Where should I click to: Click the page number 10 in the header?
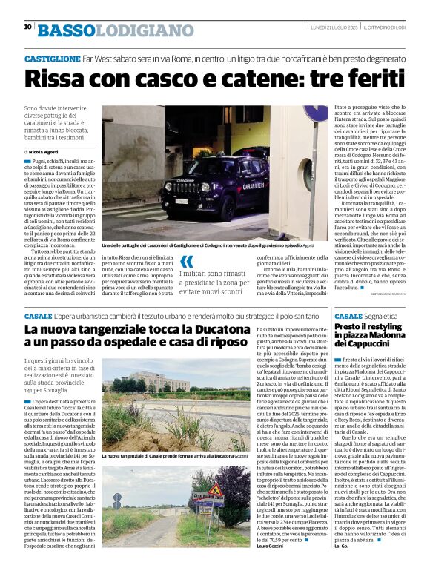27,27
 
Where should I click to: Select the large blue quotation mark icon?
188,260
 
